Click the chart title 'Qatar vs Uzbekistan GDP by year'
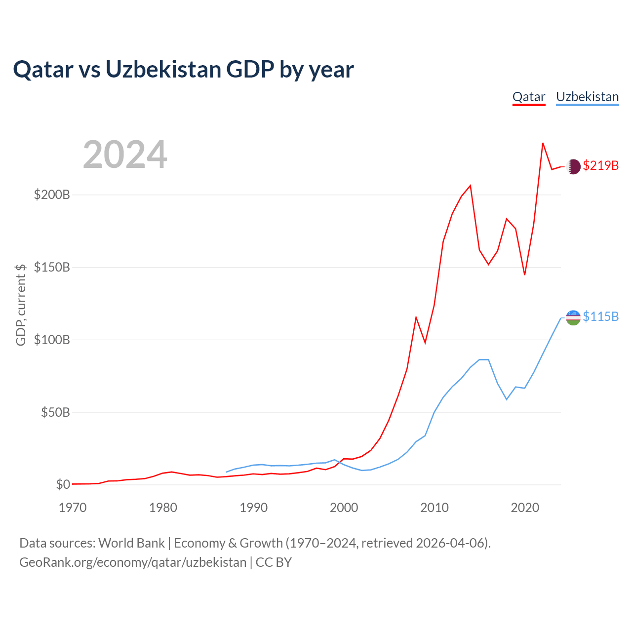(x=183, y=70)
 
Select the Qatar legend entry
(x=529, y=97)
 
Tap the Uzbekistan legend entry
(x=587, y=97)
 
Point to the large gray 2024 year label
(x=125, y=155)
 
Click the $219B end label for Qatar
(x=600, y=165)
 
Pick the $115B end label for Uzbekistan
(x=600, y=316)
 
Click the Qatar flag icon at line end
(x=573, y=167)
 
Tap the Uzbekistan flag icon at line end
(x=573, y=317)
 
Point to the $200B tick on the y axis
(x=52, y=195)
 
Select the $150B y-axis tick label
(x=52, y=267)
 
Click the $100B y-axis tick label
(x=52, y=340)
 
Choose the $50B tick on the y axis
(x=55, y=412)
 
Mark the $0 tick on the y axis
(x=63, y=484)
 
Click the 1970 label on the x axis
(x=73, y=508)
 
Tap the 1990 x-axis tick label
(x=253, y=508)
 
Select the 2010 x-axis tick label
(x=434, y=508)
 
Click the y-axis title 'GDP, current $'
(x=21, y=305)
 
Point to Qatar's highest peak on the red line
(x=543, y=143)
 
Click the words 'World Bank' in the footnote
(x=131, y=543)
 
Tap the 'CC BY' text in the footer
(x=274, y=562)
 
